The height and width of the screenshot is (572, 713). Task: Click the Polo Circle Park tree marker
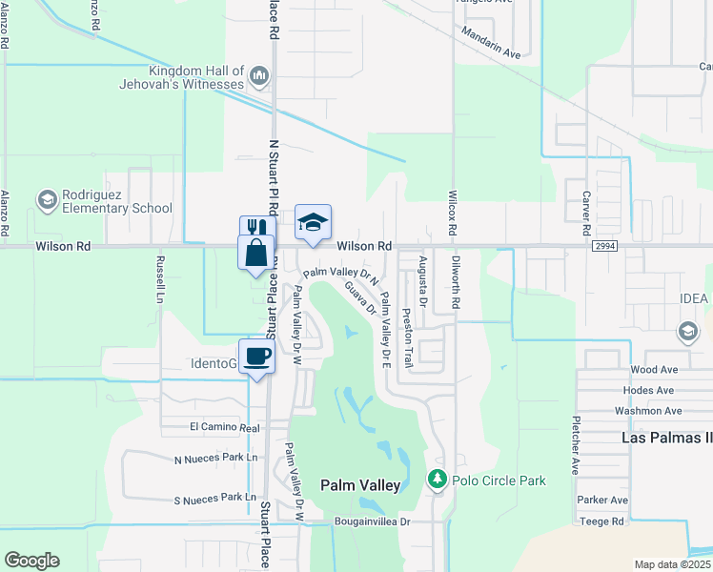[438, 479]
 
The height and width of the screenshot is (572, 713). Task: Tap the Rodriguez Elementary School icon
[47, 200]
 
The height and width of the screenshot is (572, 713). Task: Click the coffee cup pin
[256, 357]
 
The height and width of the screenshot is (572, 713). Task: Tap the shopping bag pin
[256, 253]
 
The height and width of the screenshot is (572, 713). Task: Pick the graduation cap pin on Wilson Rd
[313, 222]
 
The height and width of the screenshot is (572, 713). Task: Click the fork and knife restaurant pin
[253, 229]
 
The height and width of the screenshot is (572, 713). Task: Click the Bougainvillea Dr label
[372, 522]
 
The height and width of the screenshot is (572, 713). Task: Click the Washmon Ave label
[649, 411]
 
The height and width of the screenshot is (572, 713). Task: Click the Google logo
[31, 561]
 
